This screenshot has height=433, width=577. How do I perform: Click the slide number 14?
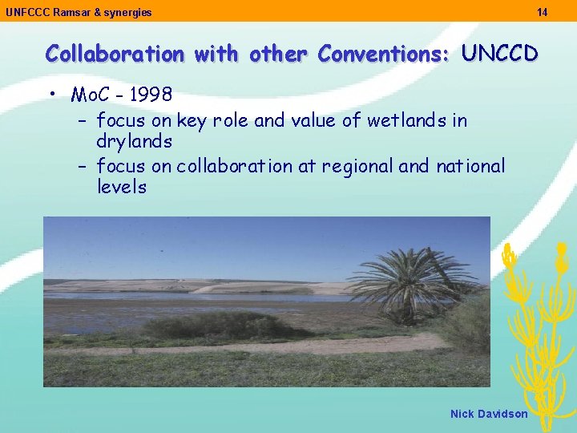[x=543, y=12]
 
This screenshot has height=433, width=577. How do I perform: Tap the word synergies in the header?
[x=127, y=12]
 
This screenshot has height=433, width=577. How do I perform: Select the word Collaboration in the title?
[x=115, y=54]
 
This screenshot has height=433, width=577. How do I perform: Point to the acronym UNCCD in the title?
[x=499, y=54]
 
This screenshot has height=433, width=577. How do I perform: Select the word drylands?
[x=134, y=141]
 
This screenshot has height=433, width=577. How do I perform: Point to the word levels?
[x=122, y=187]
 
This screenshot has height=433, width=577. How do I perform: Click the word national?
[x=470, y=166]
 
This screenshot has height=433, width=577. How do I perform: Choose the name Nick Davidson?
[x=489, y=414]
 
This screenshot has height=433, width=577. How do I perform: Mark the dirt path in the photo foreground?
[x=240, y=347]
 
